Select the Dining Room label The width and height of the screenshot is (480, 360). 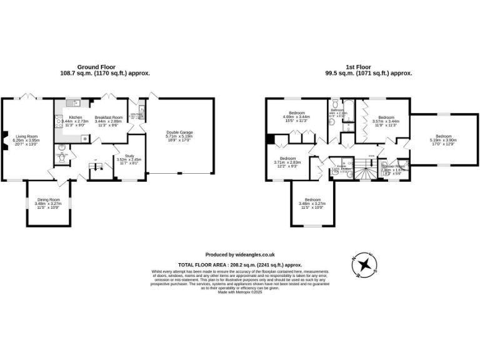point(47,203)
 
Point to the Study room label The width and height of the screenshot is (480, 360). point(129,159)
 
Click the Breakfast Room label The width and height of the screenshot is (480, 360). point(108,121)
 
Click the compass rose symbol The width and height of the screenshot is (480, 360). point(362,265)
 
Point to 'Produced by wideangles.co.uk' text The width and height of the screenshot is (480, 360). point(240,254)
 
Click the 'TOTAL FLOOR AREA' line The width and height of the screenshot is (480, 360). point(240,265)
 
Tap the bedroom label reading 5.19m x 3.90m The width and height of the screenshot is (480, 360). point(443,140)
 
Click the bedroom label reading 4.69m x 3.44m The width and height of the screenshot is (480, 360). point(296,117)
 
